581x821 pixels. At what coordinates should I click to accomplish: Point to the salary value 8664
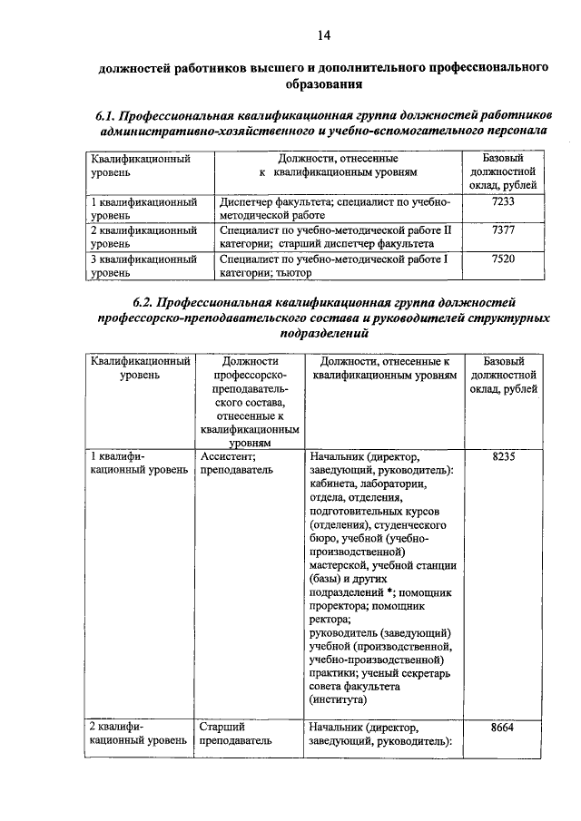504,726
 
